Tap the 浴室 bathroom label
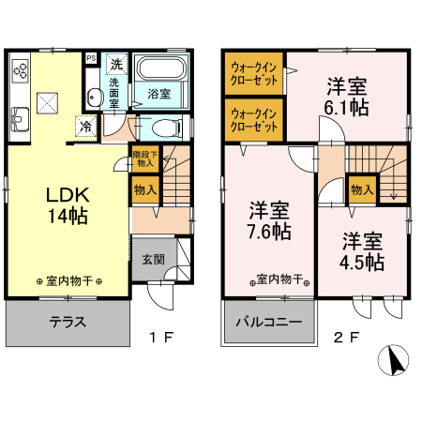tap(158, 94)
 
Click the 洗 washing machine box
tap(116, 65)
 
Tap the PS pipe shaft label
tap(91, 58)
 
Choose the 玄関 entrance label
tap(154, 260)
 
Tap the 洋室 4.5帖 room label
tap(362, 251)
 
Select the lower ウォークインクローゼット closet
tap(253, 120)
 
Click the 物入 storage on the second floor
tap(362, 189)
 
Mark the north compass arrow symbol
tap(396, 360)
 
